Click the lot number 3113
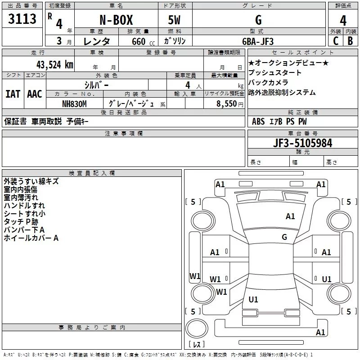click(22, 19)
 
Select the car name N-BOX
click(116, 20)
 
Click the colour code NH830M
click(74, 104)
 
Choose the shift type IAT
click(13, 94)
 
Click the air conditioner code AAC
click(35, 94)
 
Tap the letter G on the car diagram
click(284, 237)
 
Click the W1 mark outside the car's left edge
click(194, 276)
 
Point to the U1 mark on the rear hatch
click(253, 300)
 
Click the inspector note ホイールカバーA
click(31, 238)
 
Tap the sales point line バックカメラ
click(268, 83)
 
